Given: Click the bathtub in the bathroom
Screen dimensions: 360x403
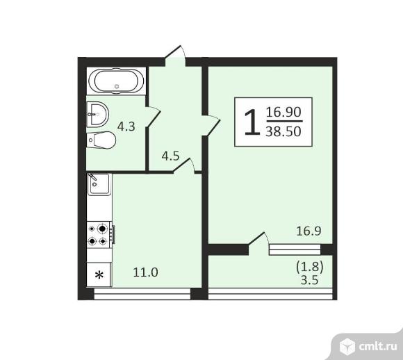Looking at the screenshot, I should [117, 83].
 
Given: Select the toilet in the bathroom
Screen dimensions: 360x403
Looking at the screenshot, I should [101, 140].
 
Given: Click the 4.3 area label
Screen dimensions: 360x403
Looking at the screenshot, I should [126, 127].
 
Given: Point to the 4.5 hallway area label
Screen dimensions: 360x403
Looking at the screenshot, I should [170, 156].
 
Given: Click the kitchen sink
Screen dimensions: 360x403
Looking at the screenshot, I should [97, 184].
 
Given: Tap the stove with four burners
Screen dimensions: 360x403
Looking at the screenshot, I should [98, 234].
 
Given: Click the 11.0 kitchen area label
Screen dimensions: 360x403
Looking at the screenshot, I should [146, 272].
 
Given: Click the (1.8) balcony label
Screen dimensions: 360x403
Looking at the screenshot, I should [310, 265].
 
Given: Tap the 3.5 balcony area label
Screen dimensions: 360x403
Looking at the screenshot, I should [311, 279].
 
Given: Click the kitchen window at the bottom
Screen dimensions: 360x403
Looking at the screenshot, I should [142, 295].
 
